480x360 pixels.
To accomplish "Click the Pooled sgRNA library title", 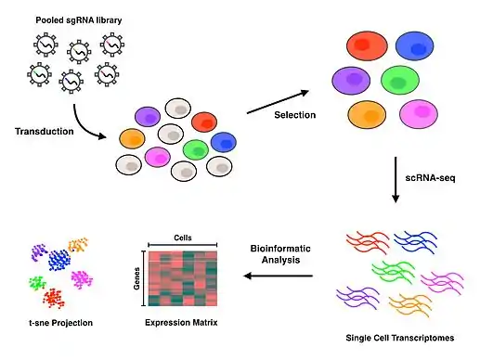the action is pyautogui.click(x=79, y=20).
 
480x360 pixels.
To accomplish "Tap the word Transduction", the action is pyautogui.click(x=45, y=131).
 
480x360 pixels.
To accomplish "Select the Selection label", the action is pyautogui.click(x=295, y=115).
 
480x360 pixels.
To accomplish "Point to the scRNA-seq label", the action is pyautogui.click(x=430, y=178).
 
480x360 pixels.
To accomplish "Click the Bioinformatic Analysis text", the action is pyautogui.click(x=280, y=254).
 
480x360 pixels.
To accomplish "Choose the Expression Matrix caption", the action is pyautogui.click(x=181, y=323).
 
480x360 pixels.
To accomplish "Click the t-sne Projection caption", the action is pyautogui.click(x=61, y=323).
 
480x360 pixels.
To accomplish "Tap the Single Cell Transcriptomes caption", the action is pyautogui.click(x=400, y=338).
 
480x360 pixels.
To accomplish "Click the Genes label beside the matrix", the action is pyautogui.click(x=136, y=278).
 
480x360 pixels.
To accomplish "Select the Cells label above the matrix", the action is pyautogui.click(x=183, y=238).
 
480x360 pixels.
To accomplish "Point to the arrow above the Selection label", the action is pyautogui.click(x=278, y=102).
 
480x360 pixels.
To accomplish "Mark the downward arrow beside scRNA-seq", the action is pyautogui.click(x=396, y=180).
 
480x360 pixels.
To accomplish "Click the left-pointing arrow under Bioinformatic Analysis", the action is pyautogui.click(x=279, y=276).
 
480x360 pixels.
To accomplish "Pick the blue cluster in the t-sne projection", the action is pyautogui.click(x=58, y=260).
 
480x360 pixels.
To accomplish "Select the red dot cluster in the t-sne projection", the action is pyautogui.click(x=54, y=298).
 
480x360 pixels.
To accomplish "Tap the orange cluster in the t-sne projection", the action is pyautogui.click(x=78, y=244).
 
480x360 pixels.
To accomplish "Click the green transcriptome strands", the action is pyautogui.click(x=394, y=271).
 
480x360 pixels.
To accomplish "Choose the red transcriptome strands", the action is pyautogui.click(x=368, y=241).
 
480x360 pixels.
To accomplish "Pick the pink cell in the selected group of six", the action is pyautogui.click(x=419, y=113).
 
